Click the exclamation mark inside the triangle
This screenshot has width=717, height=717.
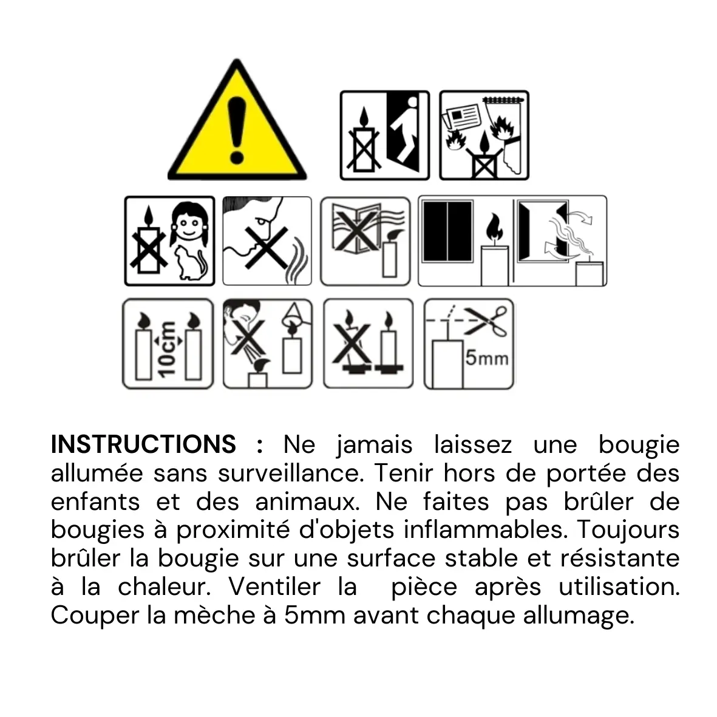coord(237,131)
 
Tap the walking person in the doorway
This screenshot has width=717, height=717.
coord(405,129)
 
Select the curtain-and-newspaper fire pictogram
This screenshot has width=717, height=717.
coord(484,135)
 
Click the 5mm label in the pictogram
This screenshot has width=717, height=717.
coord(486,358)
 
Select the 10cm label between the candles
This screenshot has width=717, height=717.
coord(166,348)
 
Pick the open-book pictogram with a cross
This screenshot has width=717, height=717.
coord(365,242)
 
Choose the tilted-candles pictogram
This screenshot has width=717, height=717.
coord(368,344)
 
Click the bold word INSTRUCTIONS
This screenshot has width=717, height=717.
coord(144,444)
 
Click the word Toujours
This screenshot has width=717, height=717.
coord(628,531)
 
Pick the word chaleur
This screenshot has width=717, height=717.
coord(165,586)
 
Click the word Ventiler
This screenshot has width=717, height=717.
coord(274,586)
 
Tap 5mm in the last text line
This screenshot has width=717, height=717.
coord(314,616)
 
